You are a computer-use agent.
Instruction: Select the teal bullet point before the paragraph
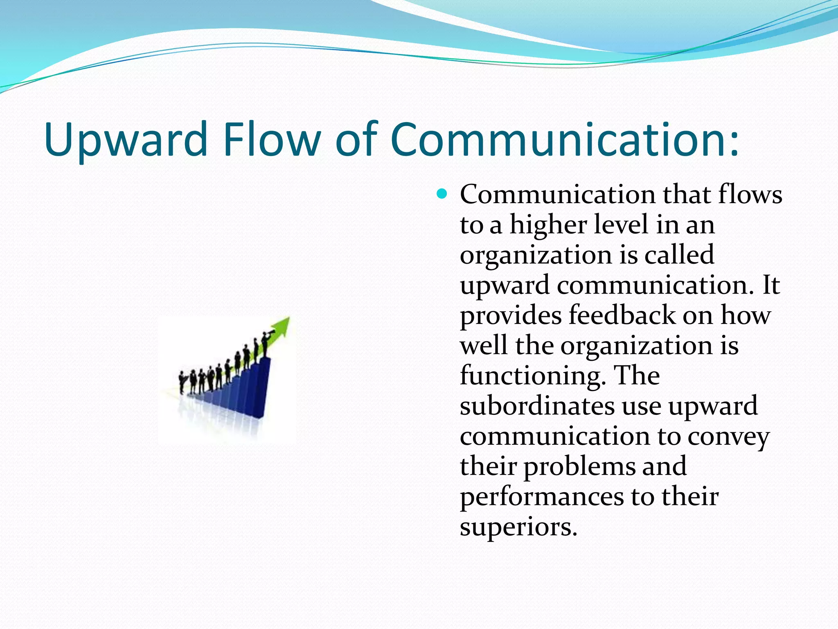coord(442,193)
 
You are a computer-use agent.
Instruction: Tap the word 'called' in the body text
coord(679,255)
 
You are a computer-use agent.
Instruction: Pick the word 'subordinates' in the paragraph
coord(537,406)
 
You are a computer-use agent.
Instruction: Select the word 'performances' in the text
coord(542,497)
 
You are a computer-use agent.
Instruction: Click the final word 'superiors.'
coord(518,527)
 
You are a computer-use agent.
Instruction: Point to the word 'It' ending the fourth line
coord(771,285)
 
